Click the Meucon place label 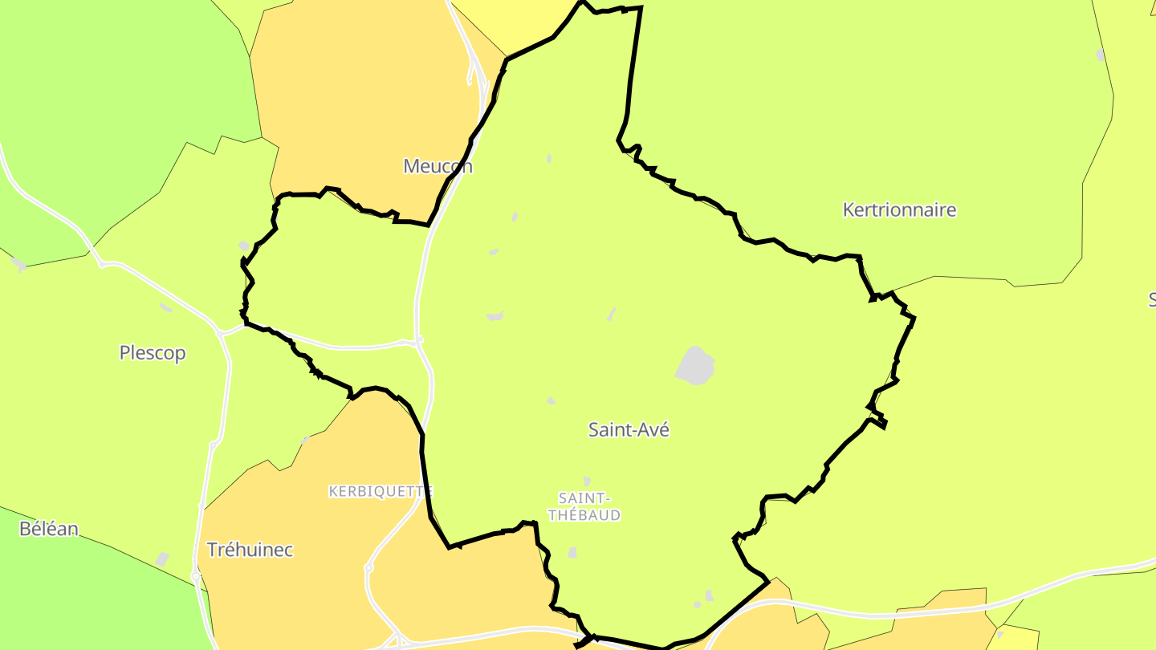438,166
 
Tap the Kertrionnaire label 899,210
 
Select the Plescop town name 153,353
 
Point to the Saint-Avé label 629,429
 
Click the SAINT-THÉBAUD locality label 584,507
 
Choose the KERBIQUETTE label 381,491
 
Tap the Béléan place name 49,529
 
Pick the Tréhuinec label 250,550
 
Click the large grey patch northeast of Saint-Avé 695,365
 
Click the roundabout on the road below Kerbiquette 368,567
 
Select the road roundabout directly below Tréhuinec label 196,575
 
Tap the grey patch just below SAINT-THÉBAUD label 572,552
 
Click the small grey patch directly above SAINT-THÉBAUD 587,480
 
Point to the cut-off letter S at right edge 1151,299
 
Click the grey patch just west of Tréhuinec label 163,559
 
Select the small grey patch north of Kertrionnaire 1101,55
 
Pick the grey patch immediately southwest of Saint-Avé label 552,400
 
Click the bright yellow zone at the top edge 514,20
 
